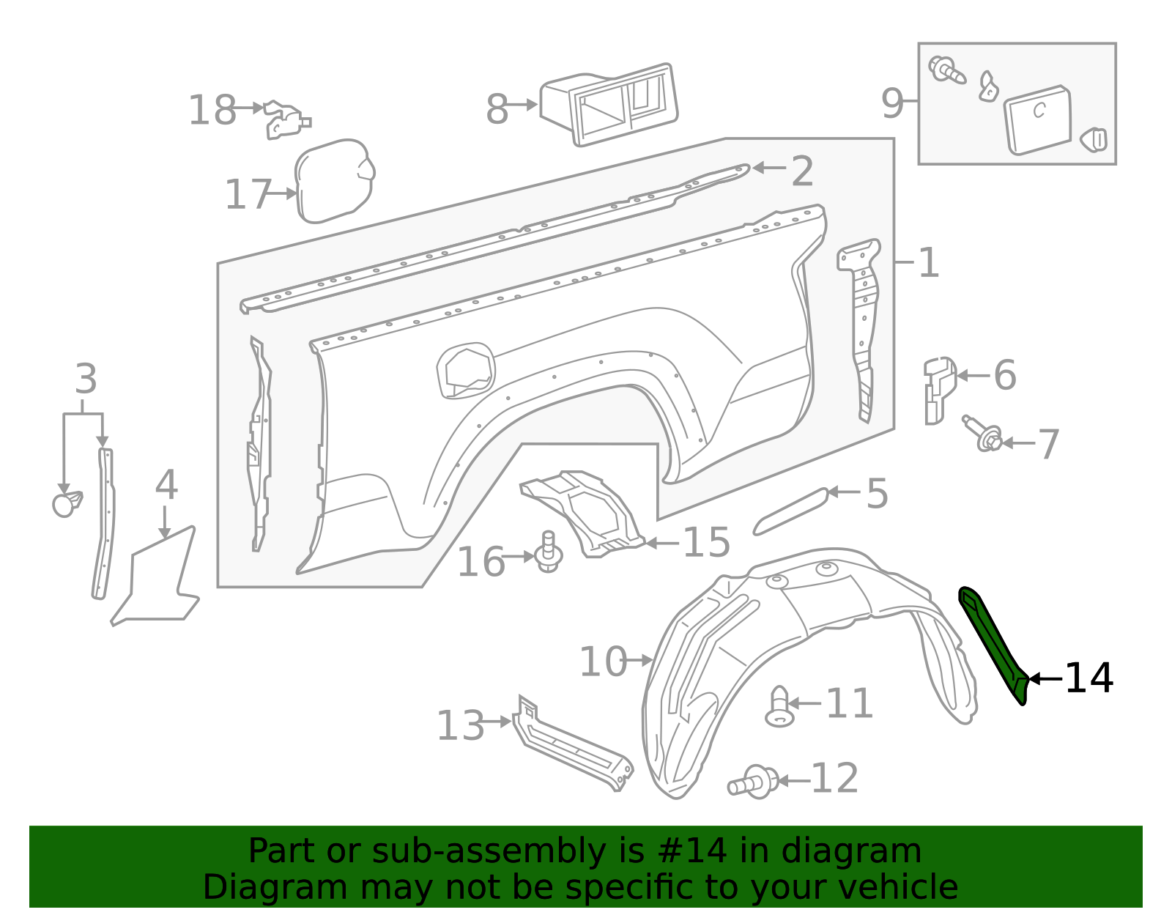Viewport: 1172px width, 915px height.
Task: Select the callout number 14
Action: tap(1088, 678)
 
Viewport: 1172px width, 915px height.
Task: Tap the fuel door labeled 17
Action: tap(334, 180)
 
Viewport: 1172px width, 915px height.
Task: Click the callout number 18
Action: tap(212, 111)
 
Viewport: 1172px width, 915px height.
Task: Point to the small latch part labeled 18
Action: tap(286, 121)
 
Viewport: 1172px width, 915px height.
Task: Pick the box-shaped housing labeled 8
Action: tap(609, 105)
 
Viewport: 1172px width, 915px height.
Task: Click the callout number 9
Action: tap(892, 103)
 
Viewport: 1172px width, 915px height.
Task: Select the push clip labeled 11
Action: tap(779, 706)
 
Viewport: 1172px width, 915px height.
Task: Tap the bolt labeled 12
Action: tap(754, 782)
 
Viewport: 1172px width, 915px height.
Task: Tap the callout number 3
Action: tap(86, 379)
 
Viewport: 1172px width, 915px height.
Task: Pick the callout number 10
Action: tap(603, 662)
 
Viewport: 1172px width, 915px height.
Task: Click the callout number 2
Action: tap(802, 171)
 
